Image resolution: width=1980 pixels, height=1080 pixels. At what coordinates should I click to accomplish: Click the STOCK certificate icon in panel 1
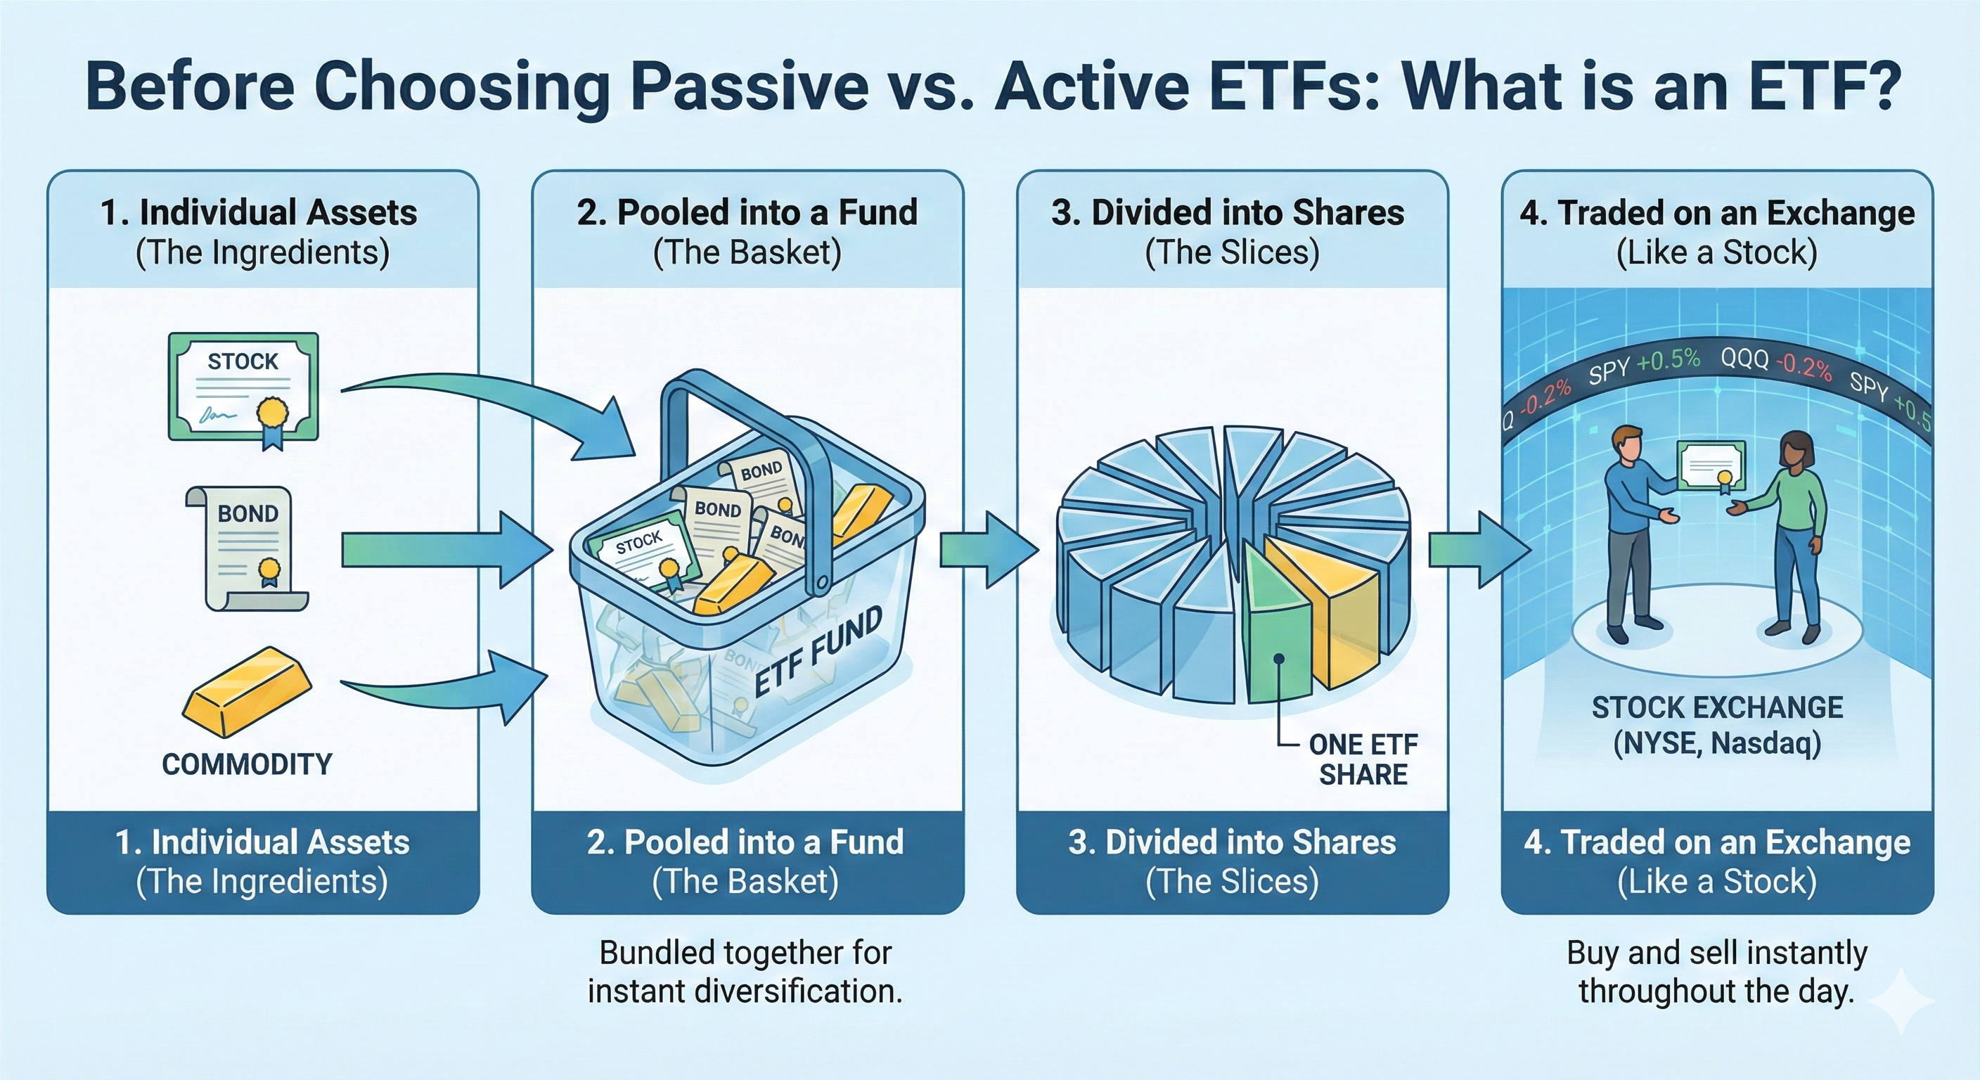243,387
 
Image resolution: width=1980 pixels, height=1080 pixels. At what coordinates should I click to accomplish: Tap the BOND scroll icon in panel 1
248,547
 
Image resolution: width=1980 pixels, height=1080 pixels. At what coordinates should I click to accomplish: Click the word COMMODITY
247,764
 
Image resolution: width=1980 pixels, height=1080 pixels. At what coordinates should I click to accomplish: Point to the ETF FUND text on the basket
818,652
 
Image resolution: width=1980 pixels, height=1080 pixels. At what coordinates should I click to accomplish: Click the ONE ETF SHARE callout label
1363,759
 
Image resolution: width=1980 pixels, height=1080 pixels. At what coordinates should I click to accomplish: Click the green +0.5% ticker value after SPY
1668,361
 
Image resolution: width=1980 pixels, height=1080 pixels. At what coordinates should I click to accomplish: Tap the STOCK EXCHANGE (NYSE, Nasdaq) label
1717,725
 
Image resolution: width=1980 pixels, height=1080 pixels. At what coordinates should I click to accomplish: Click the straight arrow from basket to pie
988,551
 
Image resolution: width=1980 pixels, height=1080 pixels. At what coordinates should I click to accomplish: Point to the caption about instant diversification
745,972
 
